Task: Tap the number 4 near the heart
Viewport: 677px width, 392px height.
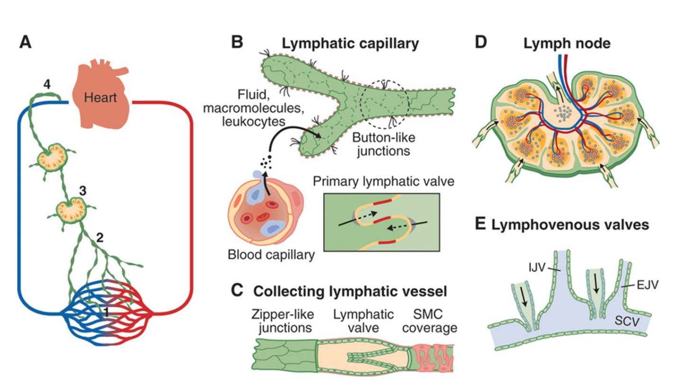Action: (x=46, y=84)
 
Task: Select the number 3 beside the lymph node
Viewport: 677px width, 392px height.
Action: (x=82, y=191)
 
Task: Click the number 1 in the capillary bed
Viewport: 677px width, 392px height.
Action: (x=108, y=312)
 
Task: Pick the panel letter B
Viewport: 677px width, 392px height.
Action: (x=237, y=43)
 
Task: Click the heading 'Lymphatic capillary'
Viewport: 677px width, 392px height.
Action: (x=350, y=44)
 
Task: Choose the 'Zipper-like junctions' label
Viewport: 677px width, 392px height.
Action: (x=282, y=321)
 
